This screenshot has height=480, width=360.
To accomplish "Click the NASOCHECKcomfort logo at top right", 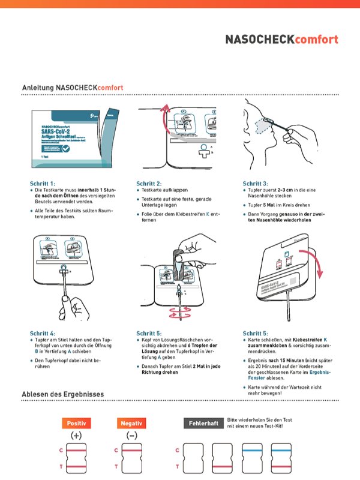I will (281, 40).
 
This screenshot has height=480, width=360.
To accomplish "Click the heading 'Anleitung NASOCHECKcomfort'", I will (73, 88).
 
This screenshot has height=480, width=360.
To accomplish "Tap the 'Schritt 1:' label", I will (42, 183).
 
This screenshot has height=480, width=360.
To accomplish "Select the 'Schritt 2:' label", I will (149, 183).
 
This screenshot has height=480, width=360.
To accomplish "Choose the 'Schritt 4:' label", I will (42, 333).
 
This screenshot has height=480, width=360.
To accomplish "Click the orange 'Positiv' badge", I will (76, 423).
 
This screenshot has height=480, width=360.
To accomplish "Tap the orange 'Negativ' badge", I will (131, 423).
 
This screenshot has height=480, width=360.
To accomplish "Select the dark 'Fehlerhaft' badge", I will (202, 423).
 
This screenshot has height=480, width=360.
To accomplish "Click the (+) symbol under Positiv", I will (76, 436).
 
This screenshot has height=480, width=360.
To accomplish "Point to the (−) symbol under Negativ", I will (131, 436).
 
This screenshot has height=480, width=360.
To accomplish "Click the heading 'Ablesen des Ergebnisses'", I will (62, 394).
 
